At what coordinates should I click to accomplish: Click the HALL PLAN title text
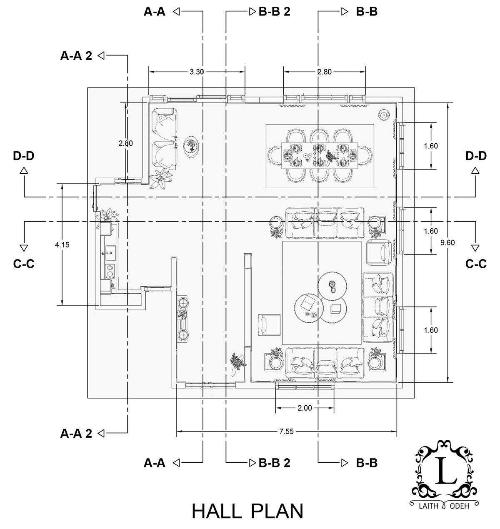[247, 511]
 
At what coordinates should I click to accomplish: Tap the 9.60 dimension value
[447, 242]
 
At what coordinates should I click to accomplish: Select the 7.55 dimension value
[287, 431]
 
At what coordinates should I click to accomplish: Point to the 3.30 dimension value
[197, 72]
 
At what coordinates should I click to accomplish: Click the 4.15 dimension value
[62, 245]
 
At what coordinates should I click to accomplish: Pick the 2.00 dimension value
[305, 408]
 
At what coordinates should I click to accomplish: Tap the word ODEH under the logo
[459, 506]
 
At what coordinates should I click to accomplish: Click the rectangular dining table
[320, 155]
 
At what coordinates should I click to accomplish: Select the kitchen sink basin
[110, 253]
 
